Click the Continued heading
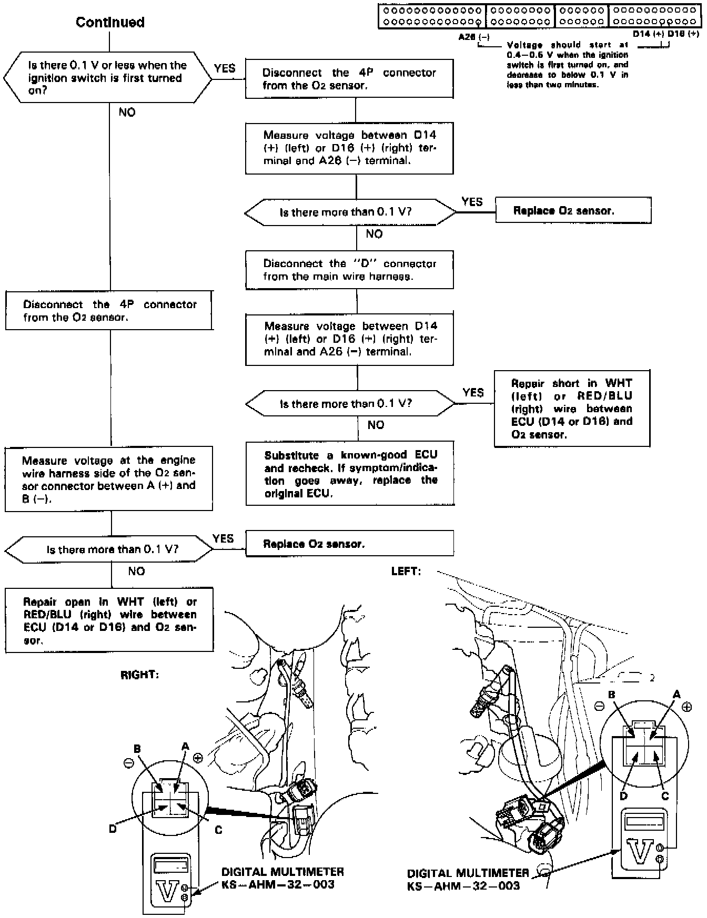[110, 22]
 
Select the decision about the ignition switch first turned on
[107, 78]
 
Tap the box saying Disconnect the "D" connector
[349, 270]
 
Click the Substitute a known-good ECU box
[350, 474]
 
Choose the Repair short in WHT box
[571, 409]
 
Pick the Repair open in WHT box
[109, 620]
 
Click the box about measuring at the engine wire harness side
[109, 479]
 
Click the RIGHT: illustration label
[139, 675]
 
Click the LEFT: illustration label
[406, 571]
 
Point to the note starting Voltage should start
[567, 65]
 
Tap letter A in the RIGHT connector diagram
[185, 746]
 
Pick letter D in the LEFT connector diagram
[623, 795]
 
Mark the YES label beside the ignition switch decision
[225, 68]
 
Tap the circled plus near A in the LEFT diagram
[686, 707]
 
